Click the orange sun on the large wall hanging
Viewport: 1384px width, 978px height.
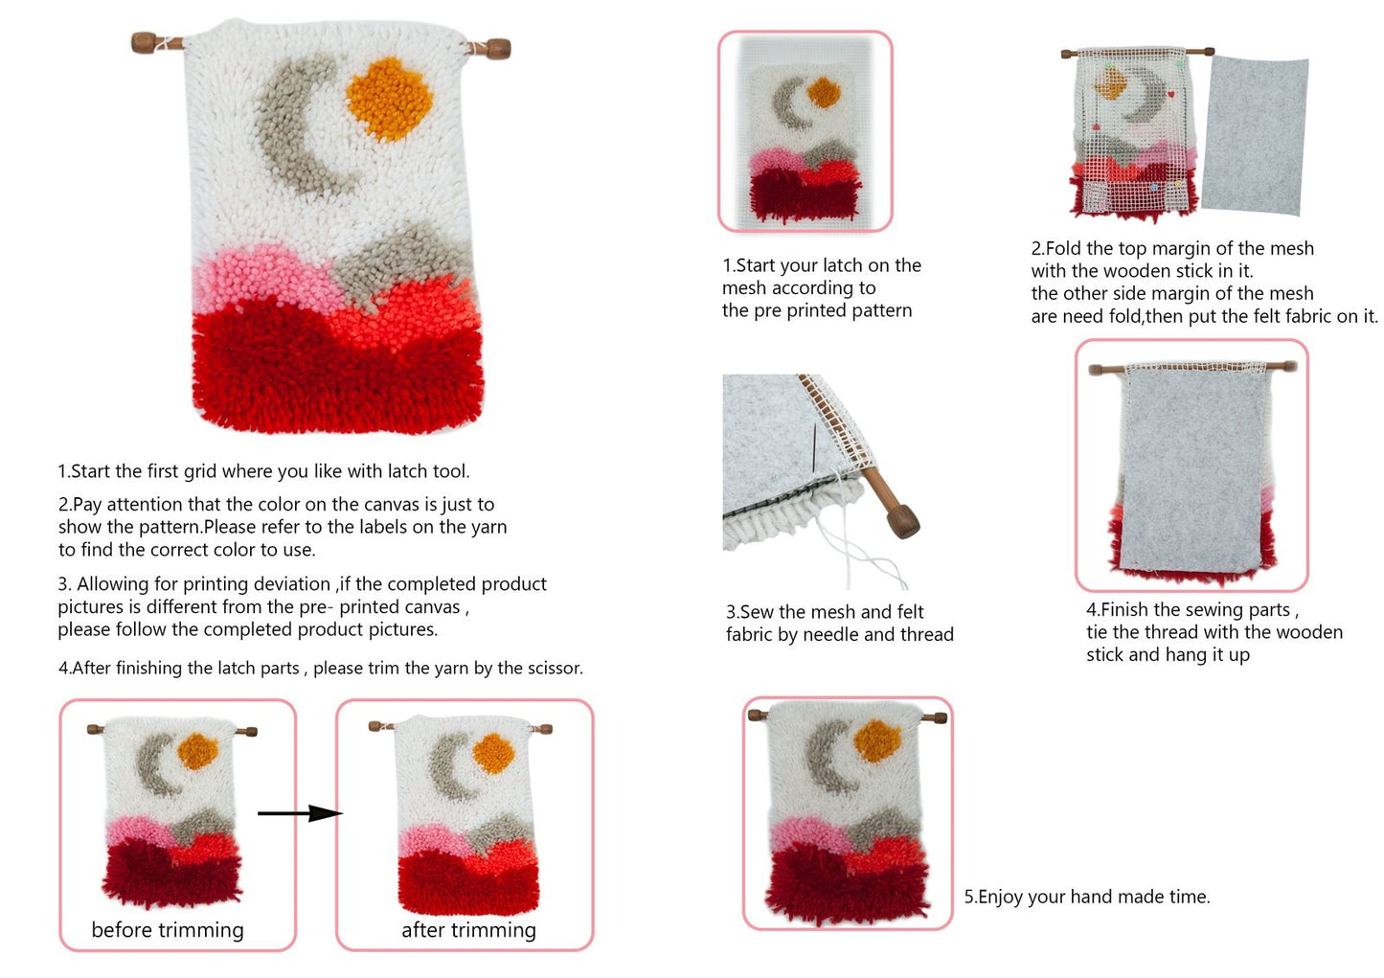point(389,99)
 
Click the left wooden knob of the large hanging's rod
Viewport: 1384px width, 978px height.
point(144,42)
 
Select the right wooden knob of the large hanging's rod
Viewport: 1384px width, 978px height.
point(498,48)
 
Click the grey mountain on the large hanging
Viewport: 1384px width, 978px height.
point(401,260)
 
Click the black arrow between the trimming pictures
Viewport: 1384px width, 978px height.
point(300,813)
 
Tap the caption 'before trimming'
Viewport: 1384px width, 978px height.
point(168,930)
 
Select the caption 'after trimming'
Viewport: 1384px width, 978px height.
point(469,930)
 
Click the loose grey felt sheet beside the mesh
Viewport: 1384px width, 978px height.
point(1255,135)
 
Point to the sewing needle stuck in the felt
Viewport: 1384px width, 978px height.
point(814,448)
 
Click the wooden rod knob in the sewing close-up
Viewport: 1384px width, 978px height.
point(901,521)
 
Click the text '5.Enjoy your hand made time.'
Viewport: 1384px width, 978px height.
point(1087,897)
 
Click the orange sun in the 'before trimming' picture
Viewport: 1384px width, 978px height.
point(197,751)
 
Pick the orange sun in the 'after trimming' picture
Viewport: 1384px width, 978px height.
point(493,753)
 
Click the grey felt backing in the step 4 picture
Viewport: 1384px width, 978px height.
point(1191,469)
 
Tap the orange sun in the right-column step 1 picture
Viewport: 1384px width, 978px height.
point(824,91)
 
